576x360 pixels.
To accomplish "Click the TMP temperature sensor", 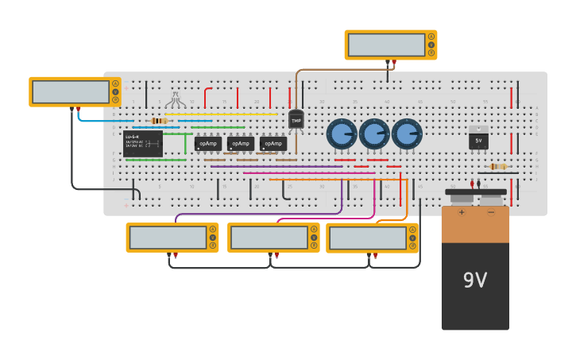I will (x=296, y=120).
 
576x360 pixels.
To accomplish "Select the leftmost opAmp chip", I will (x=208, y=144).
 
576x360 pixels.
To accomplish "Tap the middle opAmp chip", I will (x=241, y=144).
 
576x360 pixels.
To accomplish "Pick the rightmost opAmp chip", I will (x=273, y=144).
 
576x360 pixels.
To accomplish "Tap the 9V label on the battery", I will (x=475, y=280).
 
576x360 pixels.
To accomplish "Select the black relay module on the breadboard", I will (x=143, y=144).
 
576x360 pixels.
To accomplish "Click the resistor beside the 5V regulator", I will (x=498, y=166).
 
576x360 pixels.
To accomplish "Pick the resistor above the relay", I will (x=159, y=121).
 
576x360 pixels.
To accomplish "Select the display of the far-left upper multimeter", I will (x=71, y=92).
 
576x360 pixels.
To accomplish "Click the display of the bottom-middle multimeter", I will (x=269, y=238).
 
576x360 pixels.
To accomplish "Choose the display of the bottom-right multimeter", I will (x=367, y=238).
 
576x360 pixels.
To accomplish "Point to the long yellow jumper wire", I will (x=222, y=114).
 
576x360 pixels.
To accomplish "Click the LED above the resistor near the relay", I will (x=176, y=100).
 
